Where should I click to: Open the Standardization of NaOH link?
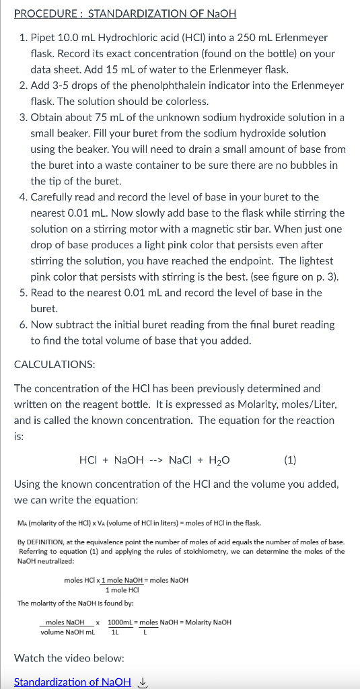coord(73,682)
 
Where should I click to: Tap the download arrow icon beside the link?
coord(141,682)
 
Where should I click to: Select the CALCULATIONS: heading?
coord(55,364)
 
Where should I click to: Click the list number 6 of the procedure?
coord(23,324)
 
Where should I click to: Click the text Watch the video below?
coord(69,657)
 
